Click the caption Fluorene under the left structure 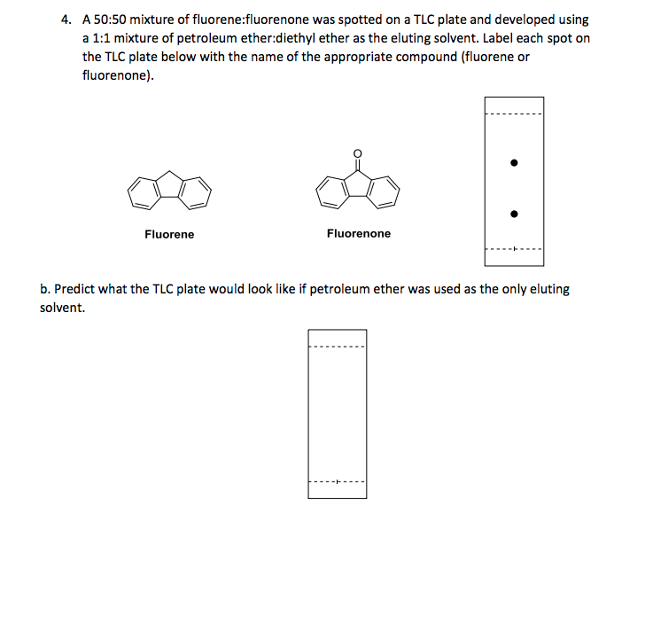(169, 235)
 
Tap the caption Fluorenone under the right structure (358, 234)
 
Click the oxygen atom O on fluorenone (358, 152)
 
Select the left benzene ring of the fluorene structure (143, 191)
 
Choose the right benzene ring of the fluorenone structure (385, 191)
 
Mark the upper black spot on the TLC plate (513, 163)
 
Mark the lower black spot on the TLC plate (513, 214)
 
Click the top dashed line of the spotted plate (514, 113)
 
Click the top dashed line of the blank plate (337, 346)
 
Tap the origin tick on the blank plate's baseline (337, 483)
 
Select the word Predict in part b (74, 289)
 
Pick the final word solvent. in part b (62, 308)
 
